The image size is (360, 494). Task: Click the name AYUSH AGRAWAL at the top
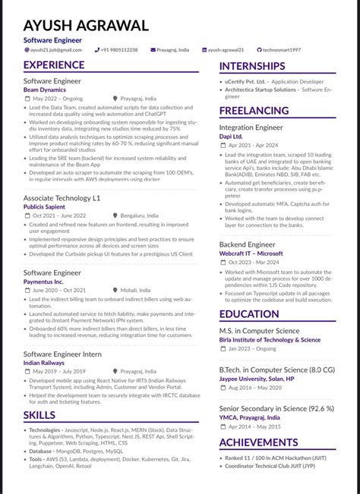86,25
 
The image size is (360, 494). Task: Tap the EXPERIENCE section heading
54,65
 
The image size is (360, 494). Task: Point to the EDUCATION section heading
249,314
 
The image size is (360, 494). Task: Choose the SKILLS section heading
39,415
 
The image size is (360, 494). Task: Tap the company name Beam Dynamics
45,90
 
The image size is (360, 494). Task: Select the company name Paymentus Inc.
43,282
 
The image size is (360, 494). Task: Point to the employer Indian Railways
43,363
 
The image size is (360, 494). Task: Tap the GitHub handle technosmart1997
282,49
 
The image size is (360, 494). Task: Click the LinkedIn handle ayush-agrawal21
226,49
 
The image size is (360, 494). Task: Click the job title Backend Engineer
247,245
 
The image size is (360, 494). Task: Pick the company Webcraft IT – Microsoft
251,253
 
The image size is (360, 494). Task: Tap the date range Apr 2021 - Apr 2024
254,144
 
